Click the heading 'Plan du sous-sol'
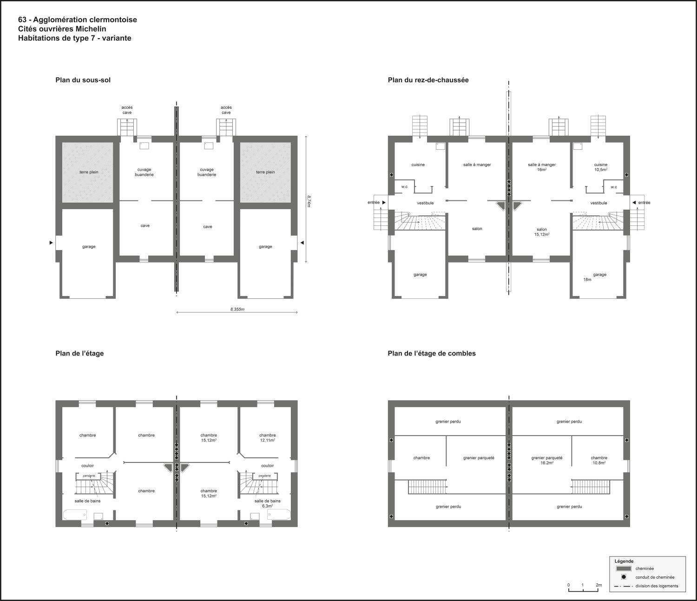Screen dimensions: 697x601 coord(83,80)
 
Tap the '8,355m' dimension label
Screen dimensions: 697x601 coord(237,309)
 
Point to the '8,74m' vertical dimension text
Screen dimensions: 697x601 coord(309,201)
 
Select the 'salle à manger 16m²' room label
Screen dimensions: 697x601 coord(541,167)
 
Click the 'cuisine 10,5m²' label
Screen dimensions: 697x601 coord(600,167)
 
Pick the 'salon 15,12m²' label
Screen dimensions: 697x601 coord(541,231)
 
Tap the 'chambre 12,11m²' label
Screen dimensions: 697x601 coord(267,437)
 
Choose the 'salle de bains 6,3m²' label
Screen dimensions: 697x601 coord(267,503)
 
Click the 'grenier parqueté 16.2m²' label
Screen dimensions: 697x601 coord(546,460)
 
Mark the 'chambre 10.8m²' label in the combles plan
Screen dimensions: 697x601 coord(599,460)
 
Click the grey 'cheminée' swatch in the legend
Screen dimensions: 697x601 coord(624,568)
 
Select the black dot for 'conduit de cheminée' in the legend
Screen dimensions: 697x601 coord(624,577)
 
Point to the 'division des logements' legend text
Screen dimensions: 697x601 coord(657,586)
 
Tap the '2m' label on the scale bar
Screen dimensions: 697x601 coord(598,585)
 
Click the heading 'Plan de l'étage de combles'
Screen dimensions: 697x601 coord(432,353)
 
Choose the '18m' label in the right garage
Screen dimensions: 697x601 coord(587,279)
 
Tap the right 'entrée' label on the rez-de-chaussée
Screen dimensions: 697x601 coord(644,202)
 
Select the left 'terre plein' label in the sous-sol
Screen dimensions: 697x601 coord(89,172)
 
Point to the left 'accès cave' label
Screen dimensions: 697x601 coord(127,110)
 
